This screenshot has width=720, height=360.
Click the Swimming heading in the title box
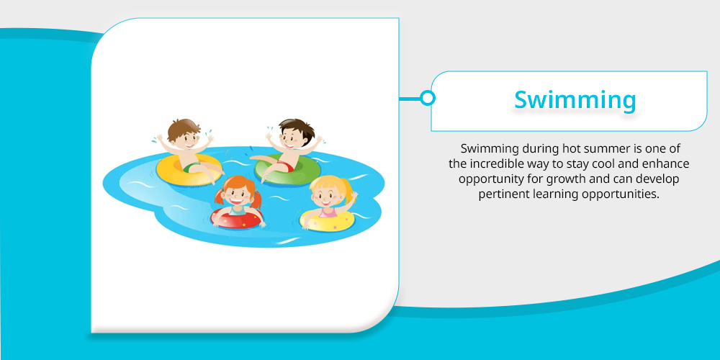point(575,101)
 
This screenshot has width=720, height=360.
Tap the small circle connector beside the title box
point(428,98)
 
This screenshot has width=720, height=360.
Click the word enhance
point(667,164)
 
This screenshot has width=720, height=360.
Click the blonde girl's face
point(326,196)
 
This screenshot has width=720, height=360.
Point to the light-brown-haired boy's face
point(184,138)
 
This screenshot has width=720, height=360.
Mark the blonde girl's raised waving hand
point(353,197)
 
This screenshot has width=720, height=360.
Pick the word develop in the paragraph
point(659,179)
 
